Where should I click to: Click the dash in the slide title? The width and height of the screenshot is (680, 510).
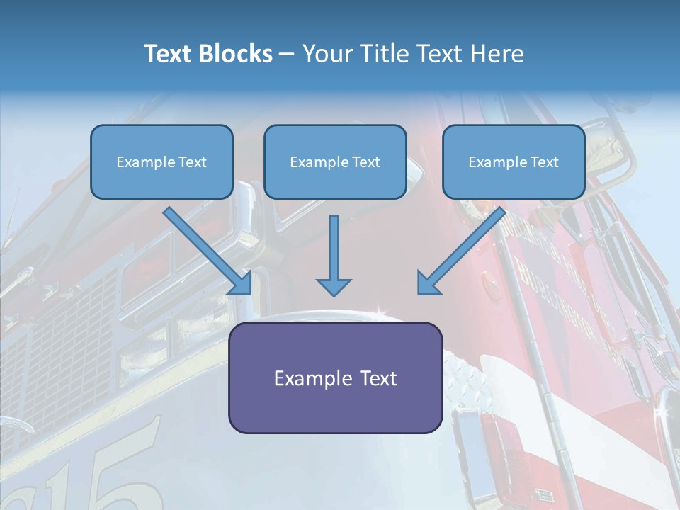(287, 55)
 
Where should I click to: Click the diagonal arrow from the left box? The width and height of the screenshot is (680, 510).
(208, 251)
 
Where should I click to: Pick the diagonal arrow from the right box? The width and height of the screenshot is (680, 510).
(460, 251)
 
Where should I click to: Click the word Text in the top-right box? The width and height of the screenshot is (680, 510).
(544, 162)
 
